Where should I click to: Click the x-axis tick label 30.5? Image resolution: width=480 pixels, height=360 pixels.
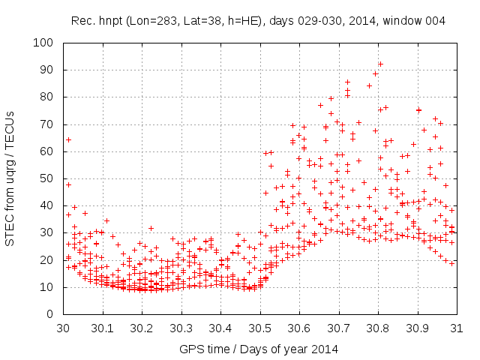click(x=259, y=328)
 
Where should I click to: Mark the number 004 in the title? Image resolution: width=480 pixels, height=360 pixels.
click(x=436, y=21)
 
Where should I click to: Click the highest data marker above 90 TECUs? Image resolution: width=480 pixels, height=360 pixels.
click(x=380, y=64)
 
